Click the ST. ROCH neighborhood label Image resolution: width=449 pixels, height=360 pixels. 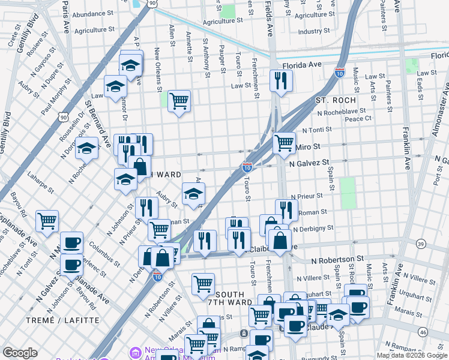pos(336,100)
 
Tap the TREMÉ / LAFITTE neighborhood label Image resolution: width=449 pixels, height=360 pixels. pos(62,320)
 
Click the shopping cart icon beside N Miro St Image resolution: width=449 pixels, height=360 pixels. pos(283,143)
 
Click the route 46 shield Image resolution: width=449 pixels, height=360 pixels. pos(440,332)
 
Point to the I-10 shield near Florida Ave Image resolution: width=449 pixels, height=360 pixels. pos(340,72)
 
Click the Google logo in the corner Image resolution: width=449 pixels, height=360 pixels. pos(20,353)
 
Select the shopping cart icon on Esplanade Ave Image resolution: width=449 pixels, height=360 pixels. pos(47,220)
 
